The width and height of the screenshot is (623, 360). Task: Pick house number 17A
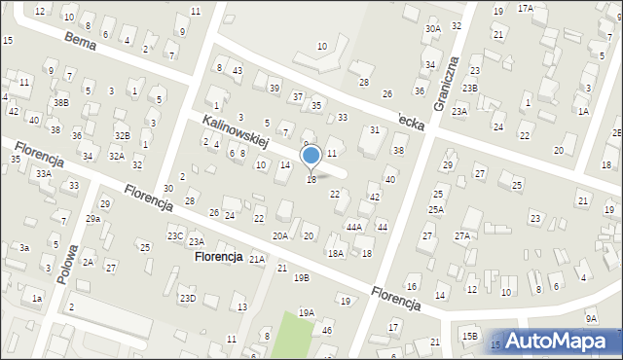[x=526, y=8]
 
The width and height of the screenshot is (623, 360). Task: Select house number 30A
[x=432, y=29]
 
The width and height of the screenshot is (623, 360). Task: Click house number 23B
[x=470, y=89]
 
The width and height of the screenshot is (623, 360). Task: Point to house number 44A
[x=354, y=227]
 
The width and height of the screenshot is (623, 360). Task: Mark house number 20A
[x=280, y=235]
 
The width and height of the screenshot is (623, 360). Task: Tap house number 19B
[x=302, y=277]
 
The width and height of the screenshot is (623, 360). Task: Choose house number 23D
[x=187, y=298]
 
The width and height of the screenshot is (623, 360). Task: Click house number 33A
[x=43, y=173]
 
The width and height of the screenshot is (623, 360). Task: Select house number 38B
[x=61, y=102]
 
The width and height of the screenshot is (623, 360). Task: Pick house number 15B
[x=470, y=336]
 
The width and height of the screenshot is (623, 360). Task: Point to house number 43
[x=238, y=70]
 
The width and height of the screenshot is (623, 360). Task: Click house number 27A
[x=462, y=235]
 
